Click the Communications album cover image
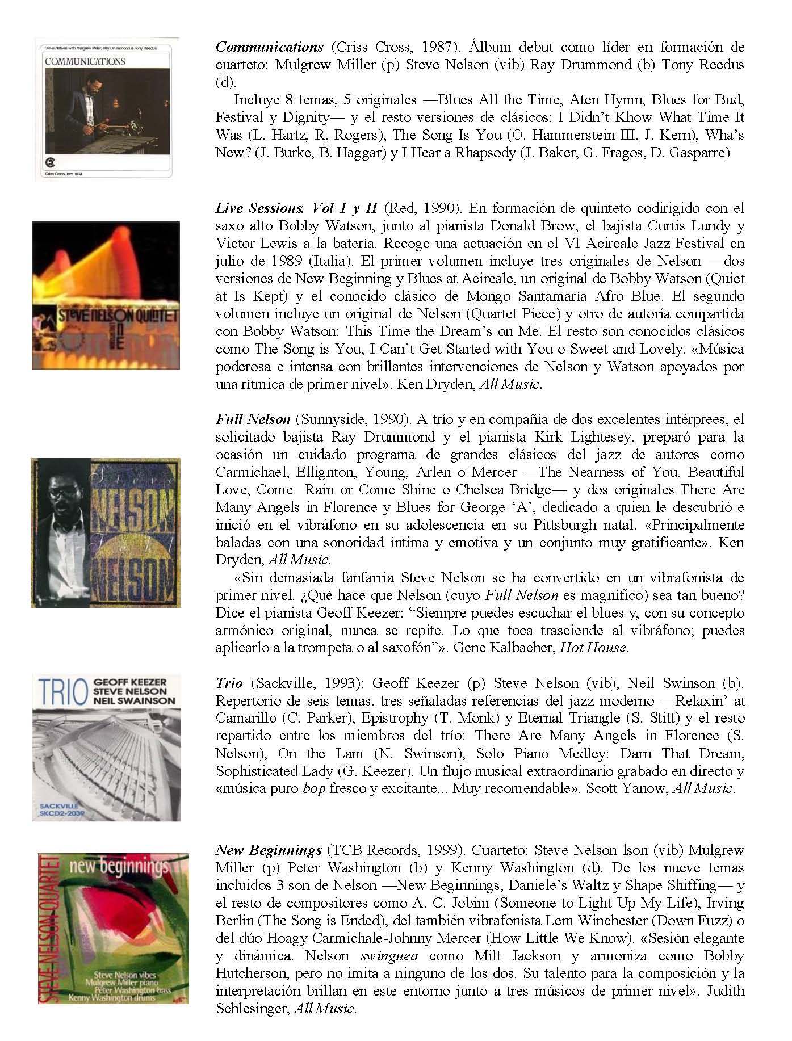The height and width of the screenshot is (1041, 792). click(107, 109)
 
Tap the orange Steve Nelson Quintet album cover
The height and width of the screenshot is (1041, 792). click(106, 295)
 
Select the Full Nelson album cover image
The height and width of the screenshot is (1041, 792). click(106, 532)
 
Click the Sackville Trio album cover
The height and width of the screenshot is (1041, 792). click(107, 747)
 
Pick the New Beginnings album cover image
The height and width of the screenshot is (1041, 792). click(114, 928)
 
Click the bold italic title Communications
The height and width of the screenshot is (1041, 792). click(269, 47)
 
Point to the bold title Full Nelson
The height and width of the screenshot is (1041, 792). click(253, 419)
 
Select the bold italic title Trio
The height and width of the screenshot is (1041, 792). click(229, 683)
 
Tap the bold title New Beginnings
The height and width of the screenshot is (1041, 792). click(269, 850)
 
